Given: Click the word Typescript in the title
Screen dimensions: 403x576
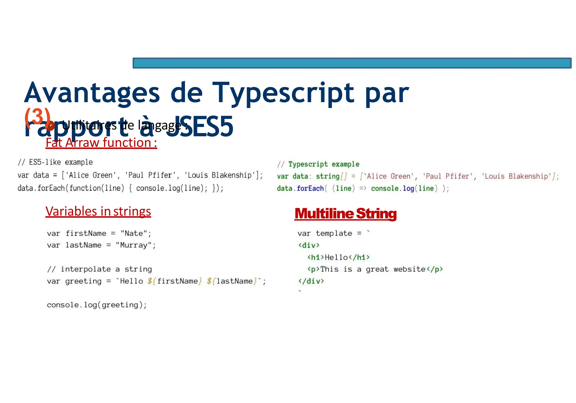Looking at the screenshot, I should tap(283, 93).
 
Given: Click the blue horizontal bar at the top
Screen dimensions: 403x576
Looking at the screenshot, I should tap(352, 63).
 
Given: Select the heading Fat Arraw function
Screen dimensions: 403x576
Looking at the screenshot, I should tap(101, 143).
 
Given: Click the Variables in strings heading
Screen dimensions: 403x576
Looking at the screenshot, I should tap(98, 211).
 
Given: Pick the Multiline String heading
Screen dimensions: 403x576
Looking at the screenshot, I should tap(345, 213).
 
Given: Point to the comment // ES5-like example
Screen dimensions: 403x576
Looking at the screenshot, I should tap(55, 162).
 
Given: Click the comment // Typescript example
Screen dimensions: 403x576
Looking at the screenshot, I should tap(318, 164).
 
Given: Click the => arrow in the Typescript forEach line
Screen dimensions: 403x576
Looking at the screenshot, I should tap(363, 188).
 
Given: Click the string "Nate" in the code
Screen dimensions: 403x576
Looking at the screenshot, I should tap(134, 233).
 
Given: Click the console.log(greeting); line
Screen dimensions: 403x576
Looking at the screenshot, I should tap(97, 305).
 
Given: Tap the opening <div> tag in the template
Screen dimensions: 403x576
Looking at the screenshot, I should tap(309, 245).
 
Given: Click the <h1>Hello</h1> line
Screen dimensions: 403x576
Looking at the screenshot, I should tap(338, 257).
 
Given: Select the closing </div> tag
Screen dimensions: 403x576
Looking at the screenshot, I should tap(311, 281).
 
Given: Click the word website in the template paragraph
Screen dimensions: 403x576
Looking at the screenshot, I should tap(409, 269).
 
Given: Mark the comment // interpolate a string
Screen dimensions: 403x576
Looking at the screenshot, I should tap(100, 269).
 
